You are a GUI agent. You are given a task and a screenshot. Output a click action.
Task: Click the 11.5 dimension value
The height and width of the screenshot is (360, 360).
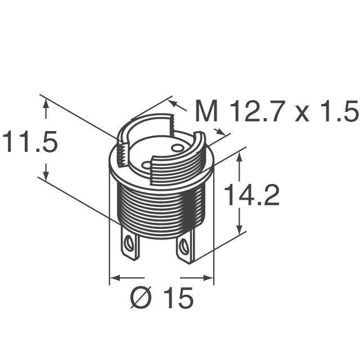tap(30, 142)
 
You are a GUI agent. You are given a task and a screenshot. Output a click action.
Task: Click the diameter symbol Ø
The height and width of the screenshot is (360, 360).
tap(141, 298)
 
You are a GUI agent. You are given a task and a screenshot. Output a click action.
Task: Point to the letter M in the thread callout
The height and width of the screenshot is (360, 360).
tap(206, 111)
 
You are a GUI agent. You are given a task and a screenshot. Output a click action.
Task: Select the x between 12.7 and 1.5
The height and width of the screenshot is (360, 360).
tap(301, 114)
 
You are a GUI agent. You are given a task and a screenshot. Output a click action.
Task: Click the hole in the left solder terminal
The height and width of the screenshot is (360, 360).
tap(128, 243)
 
